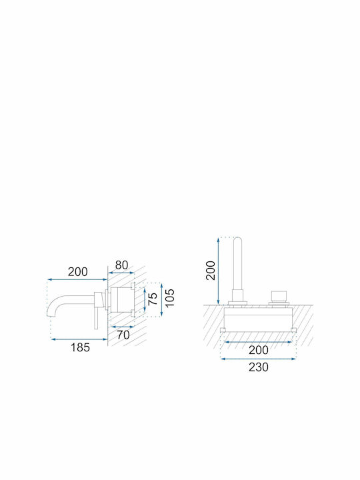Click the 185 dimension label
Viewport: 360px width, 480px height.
pyautogui.click(x=80, y=347)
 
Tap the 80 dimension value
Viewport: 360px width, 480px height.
pyautogui.click(x=121, y=265)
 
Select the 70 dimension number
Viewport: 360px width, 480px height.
pyautogui.click(x=123, y=335)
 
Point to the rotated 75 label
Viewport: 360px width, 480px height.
pyautogui.click(x=153, y=299)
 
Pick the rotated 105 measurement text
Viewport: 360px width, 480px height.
pyautogui.click(x=169, y=297)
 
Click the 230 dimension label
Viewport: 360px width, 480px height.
pyautogui.click(x=259, y=367)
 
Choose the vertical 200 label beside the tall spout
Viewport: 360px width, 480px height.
pyautogui.click(x=211, y=270)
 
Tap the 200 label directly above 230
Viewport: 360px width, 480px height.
pyautogui.click(x=259, y=350)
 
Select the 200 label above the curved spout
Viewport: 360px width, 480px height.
pyautogui.click(x=78, y=271)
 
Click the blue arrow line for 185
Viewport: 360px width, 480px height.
pyautogui.click(x=79, y=339)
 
